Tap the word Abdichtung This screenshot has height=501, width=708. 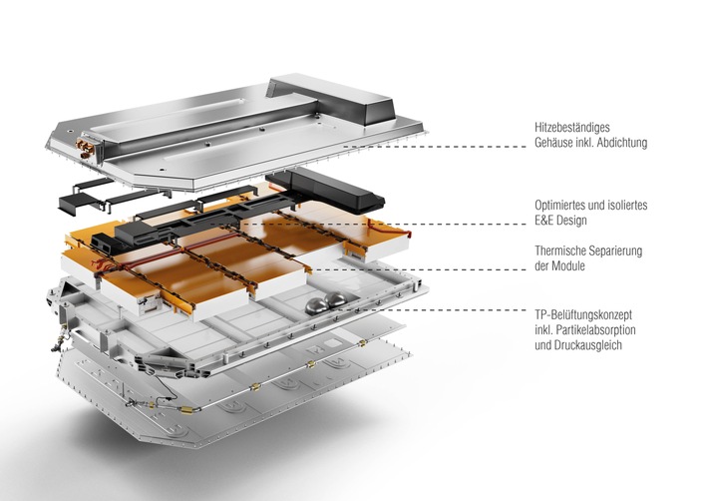point(616,143)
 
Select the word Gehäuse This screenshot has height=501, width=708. point(554,143)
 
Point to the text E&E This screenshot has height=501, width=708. point(544,220)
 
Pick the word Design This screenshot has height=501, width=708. point(575,220)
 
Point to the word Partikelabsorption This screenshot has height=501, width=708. point(600,329)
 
